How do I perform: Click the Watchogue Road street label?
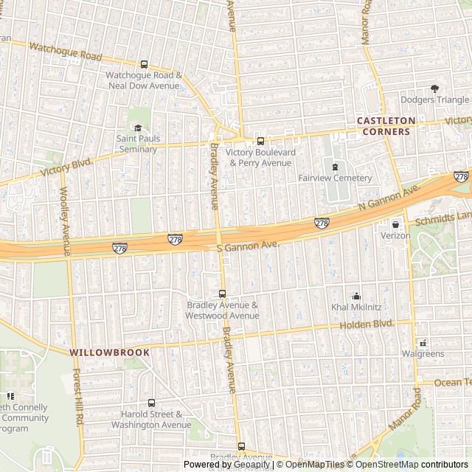[x=65, y=52]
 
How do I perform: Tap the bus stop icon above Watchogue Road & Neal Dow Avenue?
[x=144, y=64]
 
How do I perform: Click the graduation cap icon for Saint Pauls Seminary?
[x=137, y=128]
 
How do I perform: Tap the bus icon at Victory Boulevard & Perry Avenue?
[x=260, y=141]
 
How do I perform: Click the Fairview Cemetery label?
[x=335, y=178]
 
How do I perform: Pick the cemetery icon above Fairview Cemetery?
[x=335, y=167]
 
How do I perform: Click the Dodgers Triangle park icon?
[x=434, y=88]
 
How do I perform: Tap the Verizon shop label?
[x=395, y=236]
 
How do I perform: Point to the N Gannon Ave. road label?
[x=389, y=198]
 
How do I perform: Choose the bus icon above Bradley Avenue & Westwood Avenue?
[x=222, y=294]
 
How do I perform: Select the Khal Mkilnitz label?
[x=356, y=307]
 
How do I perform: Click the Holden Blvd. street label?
[x=366, y=324]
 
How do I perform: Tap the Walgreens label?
[x=423, y=354]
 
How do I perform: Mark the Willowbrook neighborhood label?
[x=110, y=353]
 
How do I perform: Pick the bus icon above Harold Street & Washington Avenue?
[x=152, y=403]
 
